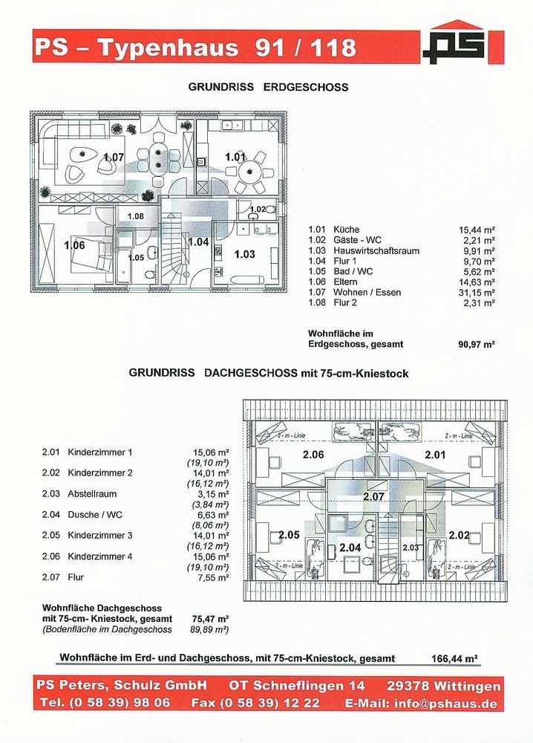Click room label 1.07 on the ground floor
(114, 157)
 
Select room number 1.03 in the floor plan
(245, 254)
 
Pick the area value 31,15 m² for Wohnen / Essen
(477, 293)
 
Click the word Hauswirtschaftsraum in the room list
(376, 250)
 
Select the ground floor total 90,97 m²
(476, 345)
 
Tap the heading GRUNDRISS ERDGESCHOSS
(268, 87)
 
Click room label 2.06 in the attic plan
(313, 455)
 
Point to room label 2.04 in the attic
(350, 548)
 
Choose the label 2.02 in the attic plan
(460, 536)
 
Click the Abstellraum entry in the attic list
(92, 494)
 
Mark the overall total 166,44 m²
(454, 658)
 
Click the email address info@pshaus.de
(446, 704)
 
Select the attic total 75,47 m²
(211, 619)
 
